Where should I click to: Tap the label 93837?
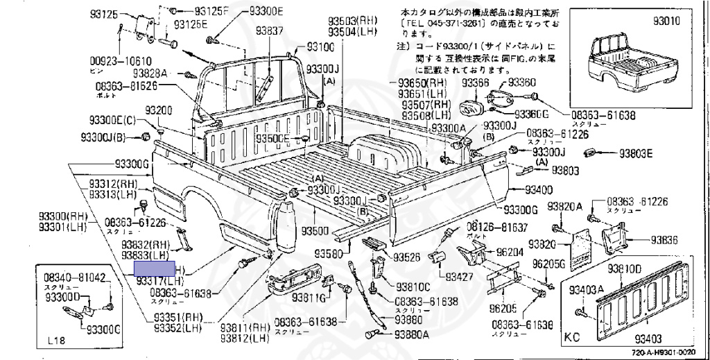269,31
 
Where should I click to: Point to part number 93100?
320,46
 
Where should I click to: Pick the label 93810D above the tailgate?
625,268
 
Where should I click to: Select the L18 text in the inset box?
58,341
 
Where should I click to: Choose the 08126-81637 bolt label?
496,227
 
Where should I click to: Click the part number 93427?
458,277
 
